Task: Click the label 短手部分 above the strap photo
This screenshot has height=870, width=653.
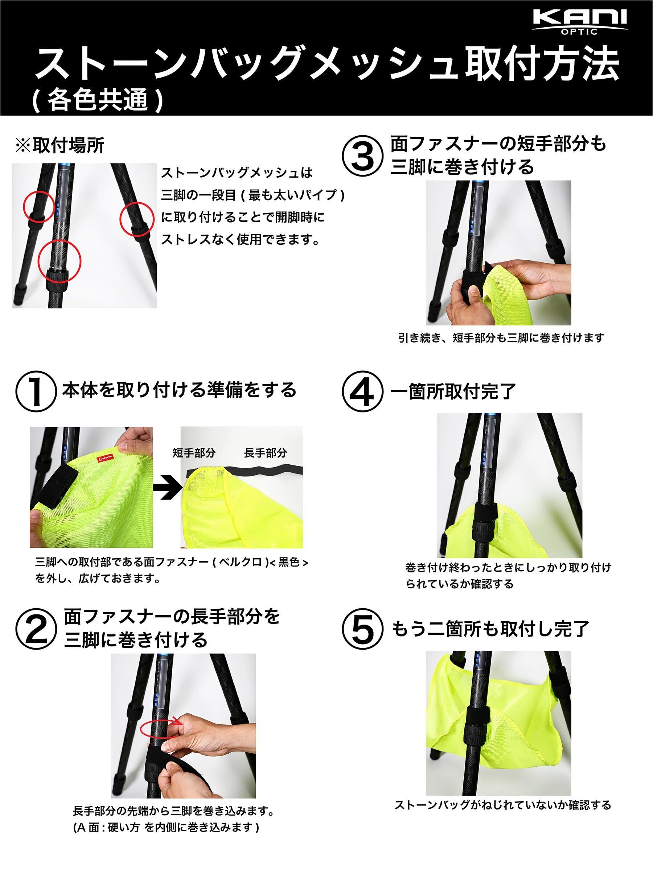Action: point(194,453)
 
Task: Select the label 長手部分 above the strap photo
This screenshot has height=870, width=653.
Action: point(265,453)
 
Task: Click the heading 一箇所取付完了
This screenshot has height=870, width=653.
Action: point(452,391)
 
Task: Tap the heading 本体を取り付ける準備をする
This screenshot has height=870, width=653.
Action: point(179,390)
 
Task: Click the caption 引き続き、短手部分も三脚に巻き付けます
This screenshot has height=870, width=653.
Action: point(501,338)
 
